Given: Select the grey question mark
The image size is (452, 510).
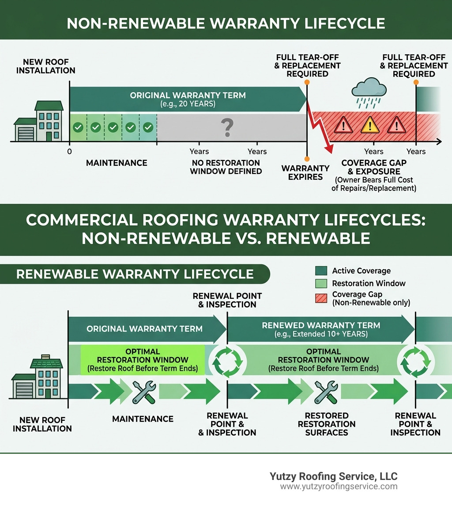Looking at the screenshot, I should (x=227, y=127).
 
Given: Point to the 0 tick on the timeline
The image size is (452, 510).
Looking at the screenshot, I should (x=69, y=151).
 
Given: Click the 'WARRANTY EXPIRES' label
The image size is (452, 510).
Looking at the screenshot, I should (x=305, y=172).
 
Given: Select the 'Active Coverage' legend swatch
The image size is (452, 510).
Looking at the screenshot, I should (x=321, y=271).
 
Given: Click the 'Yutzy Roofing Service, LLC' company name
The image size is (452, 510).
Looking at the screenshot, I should (x=333, y=476).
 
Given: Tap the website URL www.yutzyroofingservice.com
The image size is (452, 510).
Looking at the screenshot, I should (x=339, y=487).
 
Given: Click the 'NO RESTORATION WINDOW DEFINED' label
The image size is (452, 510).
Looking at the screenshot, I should (x=226, y=167).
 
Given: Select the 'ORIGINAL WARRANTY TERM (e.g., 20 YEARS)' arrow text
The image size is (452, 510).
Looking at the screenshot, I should (x=188, y=99).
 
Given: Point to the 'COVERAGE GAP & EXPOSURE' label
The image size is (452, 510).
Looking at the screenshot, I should (x=373, y=167).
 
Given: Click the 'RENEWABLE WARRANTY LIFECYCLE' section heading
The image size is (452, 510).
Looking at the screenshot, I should (x=135, y=274).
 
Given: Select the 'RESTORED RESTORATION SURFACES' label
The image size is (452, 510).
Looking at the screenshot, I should (x=326, y=424).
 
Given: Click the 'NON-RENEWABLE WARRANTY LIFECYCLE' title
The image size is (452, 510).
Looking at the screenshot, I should (x=226, y=23).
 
